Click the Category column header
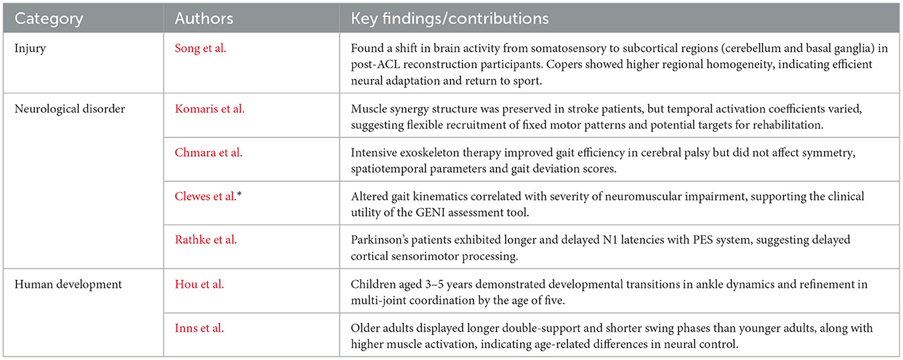point(49,18)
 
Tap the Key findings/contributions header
point(450,18)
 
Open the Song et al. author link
point(200,49)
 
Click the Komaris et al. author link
point(209,108)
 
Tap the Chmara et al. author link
point(208,152)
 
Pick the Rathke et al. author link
point(206,240)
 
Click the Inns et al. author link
point(199,328)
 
